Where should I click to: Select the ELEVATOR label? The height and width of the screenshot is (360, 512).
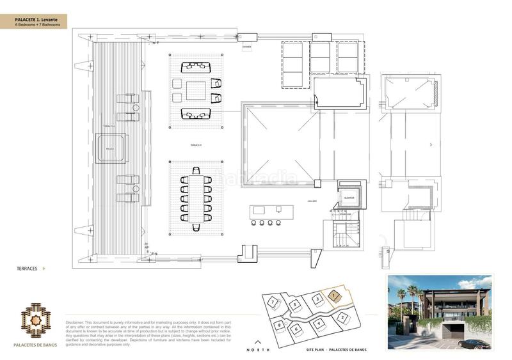349,198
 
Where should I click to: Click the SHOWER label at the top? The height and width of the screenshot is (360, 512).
246,47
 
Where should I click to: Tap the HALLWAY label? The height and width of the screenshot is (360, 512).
312,201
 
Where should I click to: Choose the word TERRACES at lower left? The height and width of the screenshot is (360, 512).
27,269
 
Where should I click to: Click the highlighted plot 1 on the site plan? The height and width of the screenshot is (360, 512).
334,295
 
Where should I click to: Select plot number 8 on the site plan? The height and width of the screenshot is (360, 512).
280,325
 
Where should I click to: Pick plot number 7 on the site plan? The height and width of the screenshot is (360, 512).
273,301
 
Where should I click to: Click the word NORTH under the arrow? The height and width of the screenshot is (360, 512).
259,350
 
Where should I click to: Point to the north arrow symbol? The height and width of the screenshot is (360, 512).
259,342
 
